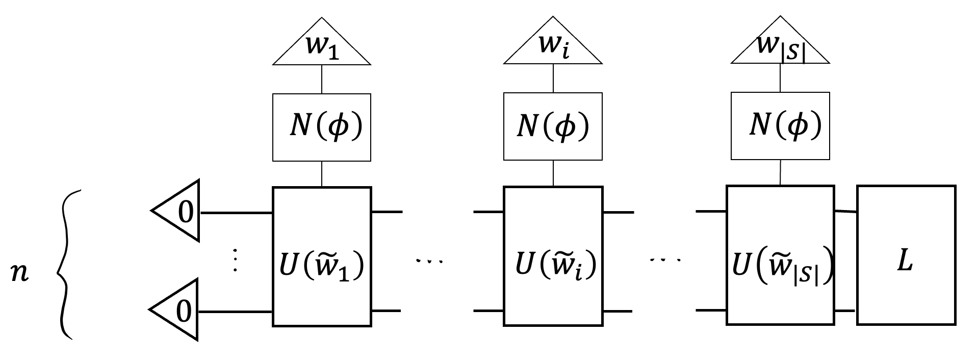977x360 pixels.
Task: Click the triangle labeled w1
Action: coord(321,48)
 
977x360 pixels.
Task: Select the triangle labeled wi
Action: coord(553,48)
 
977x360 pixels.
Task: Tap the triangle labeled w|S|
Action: coord(780,48)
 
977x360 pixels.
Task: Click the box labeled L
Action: coord(906,255)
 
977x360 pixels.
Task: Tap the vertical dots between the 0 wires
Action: coord(235,260)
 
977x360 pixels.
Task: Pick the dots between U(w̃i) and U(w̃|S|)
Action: coord(665,260)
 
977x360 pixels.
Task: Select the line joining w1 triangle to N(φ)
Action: coord(321,79)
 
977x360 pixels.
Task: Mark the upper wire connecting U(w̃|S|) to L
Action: coord(845,212)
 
